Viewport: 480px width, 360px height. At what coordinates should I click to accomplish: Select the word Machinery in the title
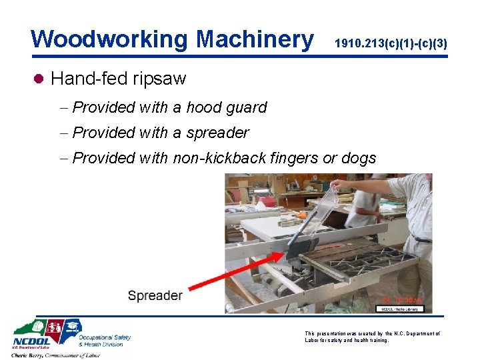click(254, 39)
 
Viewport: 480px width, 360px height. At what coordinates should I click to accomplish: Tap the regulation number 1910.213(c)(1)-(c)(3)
click(390, 44)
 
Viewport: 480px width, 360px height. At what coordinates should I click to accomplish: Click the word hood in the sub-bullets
click(206, 107)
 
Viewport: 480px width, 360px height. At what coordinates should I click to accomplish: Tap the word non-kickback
click(221, 158)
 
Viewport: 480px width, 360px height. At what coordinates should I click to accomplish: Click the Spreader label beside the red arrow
click(155, 295)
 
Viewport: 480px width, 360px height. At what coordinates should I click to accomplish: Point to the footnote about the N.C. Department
click(371, 337)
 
